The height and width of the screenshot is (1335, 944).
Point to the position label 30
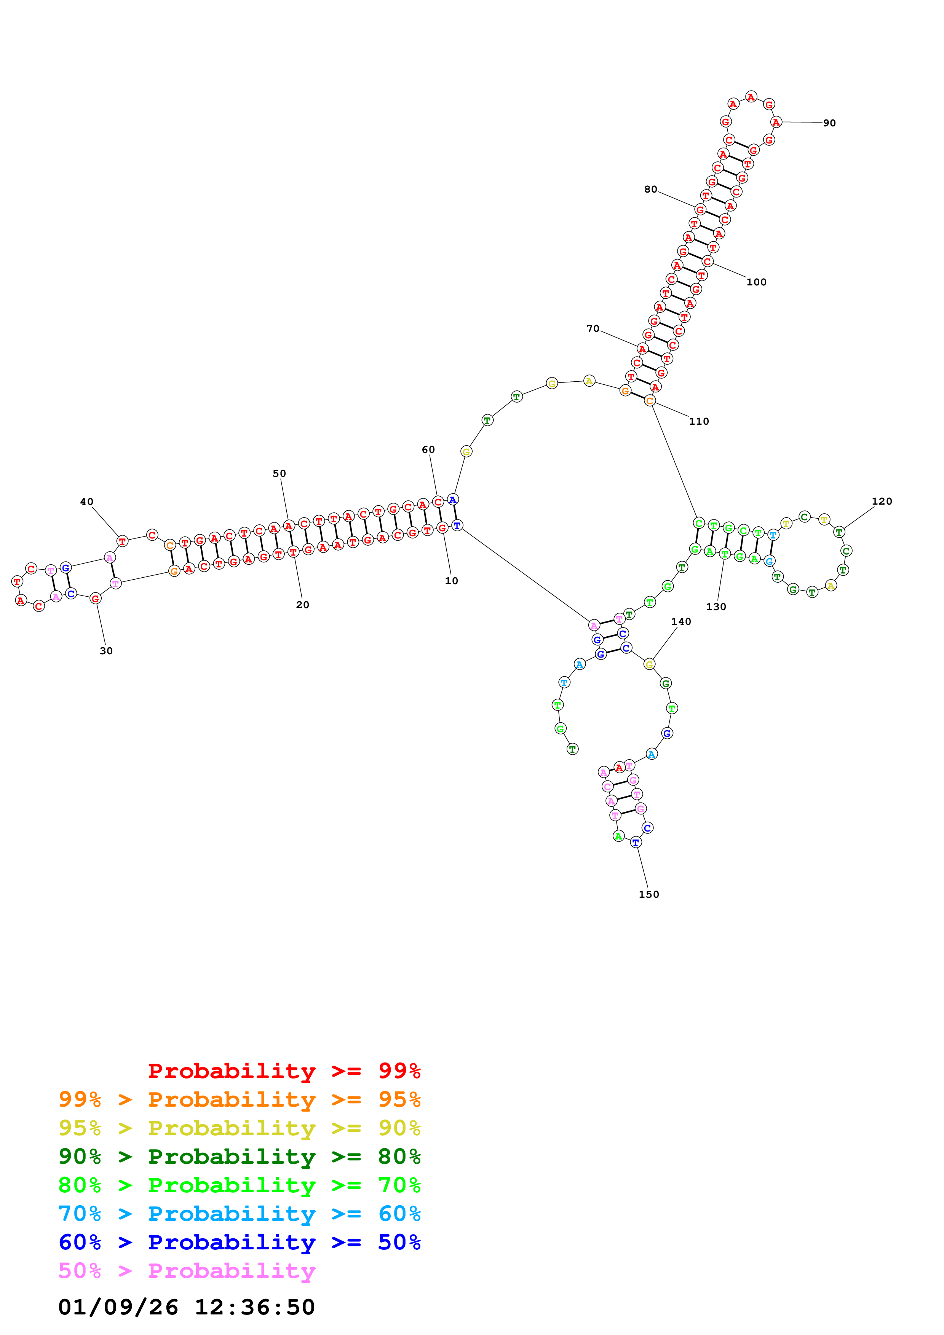click(106, 651)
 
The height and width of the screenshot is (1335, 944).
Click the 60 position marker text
click(428, 449)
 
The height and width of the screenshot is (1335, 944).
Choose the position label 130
click(716, 607)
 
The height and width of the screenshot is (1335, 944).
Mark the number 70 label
click(593, 328)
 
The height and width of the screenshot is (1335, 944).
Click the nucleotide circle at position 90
click(776, 122)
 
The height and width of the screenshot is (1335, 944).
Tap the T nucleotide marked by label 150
click(636, 842)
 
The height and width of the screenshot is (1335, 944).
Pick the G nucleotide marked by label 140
click(650, 664)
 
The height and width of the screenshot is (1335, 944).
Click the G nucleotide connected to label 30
click(95, 598)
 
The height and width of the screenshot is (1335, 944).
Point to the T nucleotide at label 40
click(122, 541)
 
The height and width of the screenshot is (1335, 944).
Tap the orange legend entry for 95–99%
click(240, 1099)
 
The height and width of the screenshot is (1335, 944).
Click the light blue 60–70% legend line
click(240, 1214)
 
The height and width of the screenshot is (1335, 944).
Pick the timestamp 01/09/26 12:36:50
click(186, 1307)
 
